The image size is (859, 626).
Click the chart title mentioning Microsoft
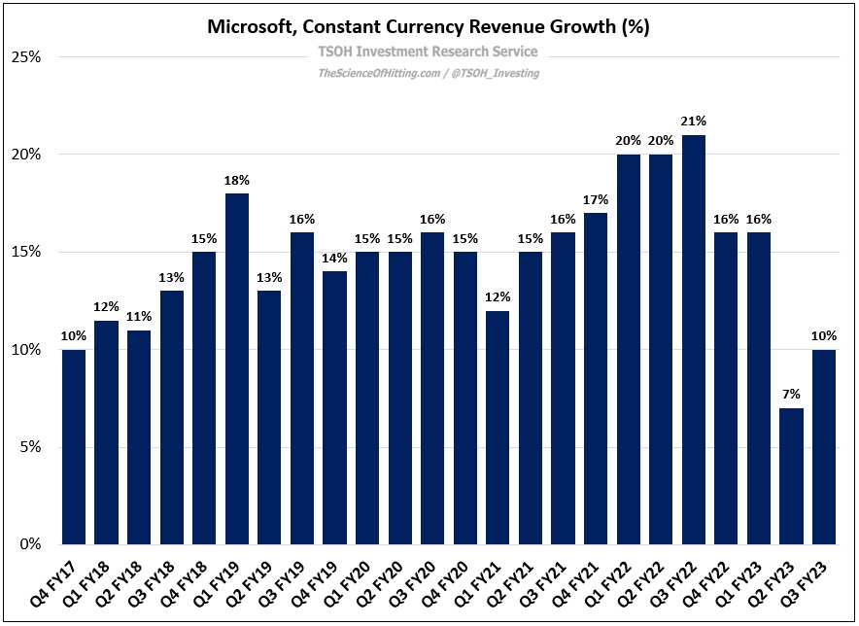tap(429, 26)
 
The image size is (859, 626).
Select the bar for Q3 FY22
tap(693, 340)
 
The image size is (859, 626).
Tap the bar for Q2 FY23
tap(791, 476)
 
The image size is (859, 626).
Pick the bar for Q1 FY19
tap(236, 369)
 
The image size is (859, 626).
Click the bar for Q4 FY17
tap(74, 447)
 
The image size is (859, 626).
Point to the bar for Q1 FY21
tap(497, 428)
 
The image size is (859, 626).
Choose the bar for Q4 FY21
tap(595, 379)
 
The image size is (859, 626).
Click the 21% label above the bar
tap(693, 122)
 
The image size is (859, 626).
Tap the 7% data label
tap(791, 395)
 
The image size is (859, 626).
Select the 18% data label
tap(236, 180)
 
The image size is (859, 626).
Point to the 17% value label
tap(595, 199)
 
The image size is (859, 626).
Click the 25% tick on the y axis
tap(25, 57)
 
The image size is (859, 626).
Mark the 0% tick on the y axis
tap(29, 544)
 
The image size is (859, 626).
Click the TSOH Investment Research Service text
tap(428, 52)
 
